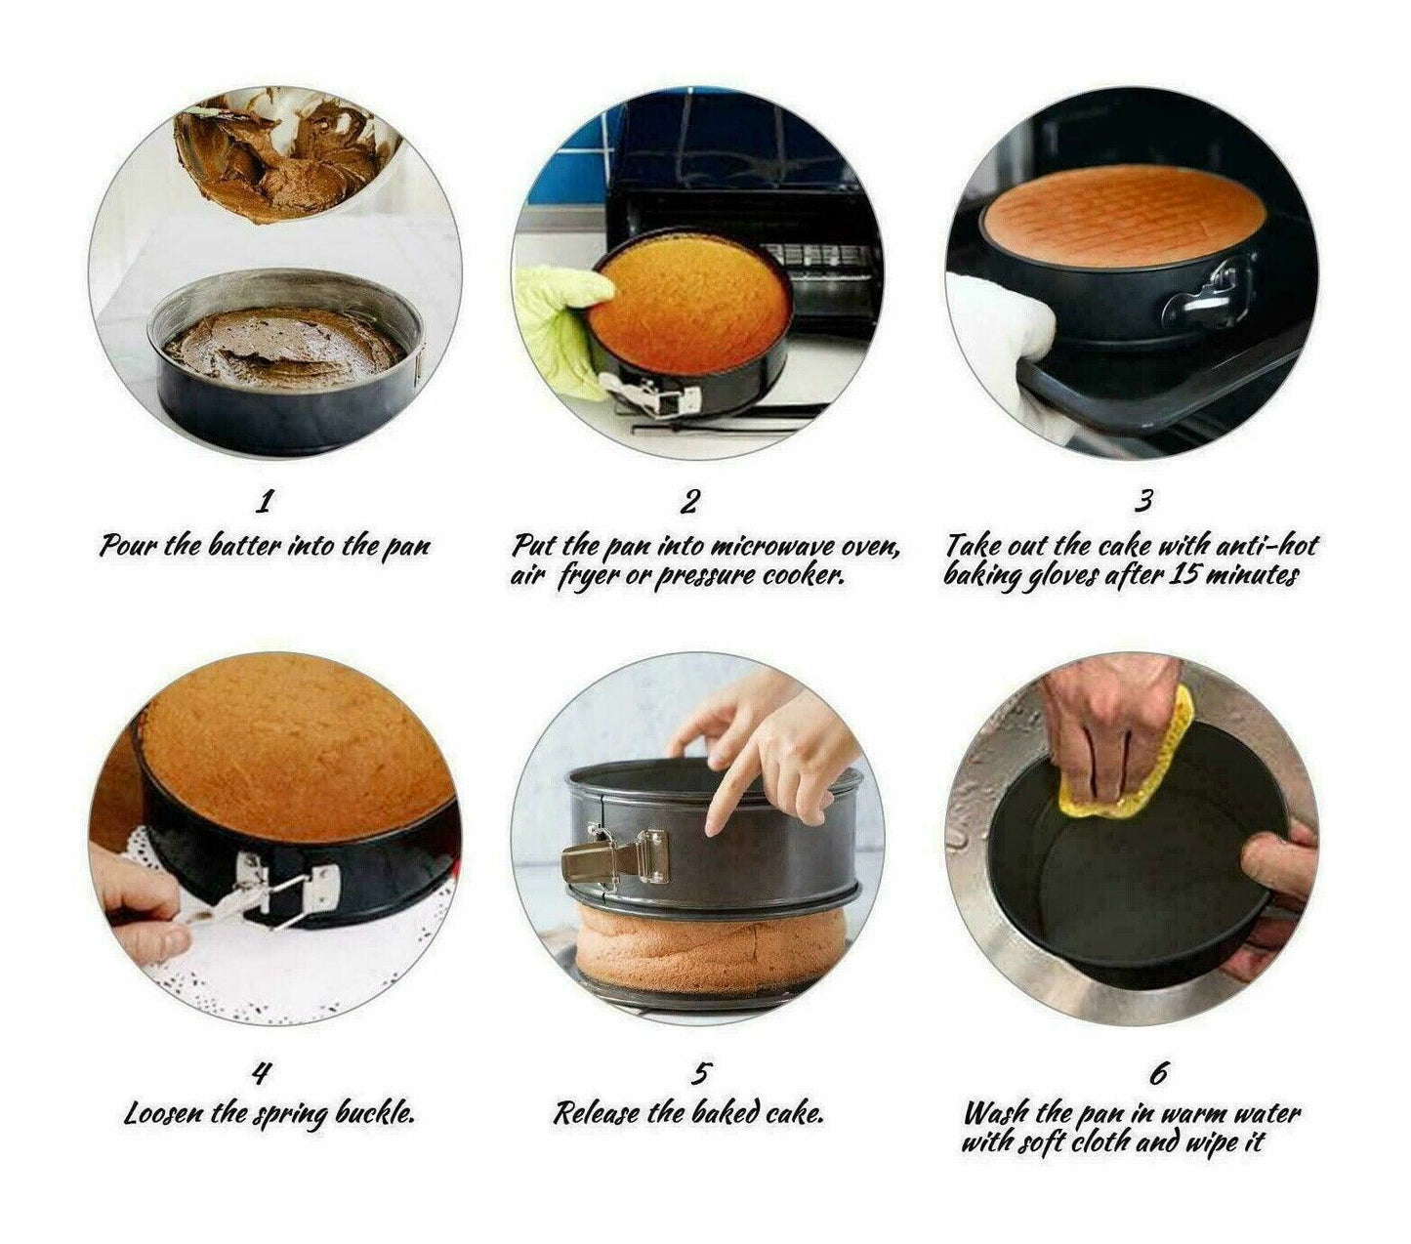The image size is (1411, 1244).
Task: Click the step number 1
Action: tap(264, 501)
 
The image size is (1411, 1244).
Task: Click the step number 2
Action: tap(689, 501)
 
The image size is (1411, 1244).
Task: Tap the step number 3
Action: tap(1142, 501)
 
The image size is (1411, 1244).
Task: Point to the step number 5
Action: tap(701, 1073)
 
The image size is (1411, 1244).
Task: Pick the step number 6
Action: tap(1157, 1073)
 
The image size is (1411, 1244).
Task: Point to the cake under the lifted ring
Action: tap(710, 941)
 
